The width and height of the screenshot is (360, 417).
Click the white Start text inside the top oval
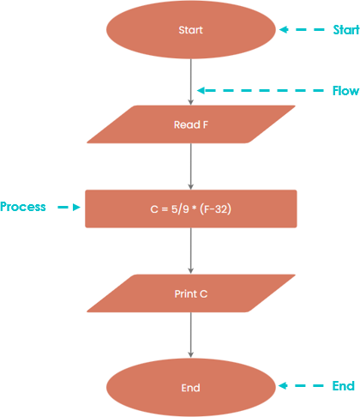click(190, 30)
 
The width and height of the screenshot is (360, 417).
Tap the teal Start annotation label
click(346, 30)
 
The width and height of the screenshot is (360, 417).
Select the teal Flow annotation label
click(345, 91)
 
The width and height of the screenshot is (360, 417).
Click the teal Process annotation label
click(23, 207)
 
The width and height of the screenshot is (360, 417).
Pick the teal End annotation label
click(344, 386)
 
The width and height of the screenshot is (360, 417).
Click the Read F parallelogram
click(191, 124)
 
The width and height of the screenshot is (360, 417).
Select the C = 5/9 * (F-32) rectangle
click(191, 208)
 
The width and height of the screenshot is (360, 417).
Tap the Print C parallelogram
click(191, 293)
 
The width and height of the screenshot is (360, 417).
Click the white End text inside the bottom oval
click(190, 388)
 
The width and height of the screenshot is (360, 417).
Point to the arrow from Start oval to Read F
click(191, 82)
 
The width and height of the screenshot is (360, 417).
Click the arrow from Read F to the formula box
click(191, 166)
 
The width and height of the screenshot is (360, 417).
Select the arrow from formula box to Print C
click(191, 251)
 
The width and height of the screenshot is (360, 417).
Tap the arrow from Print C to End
click(191, 335)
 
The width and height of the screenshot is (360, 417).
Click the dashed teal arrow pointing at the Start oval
click(302, 29)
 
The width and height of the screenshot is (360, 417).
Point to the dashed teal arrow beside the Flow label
click(261, 91)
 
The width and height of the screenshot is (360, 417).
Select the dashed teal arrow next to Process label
click(69, 207)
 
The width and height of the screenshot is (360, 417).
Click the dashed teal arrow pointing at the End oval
click(301, 386)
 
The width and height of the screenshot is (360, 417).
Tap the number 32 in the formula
click(221, 209)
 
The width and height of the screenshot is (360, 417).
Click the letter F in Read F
click(205, 124)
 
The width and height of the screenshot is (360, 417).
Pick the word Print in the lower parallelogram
click(186, 293)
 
